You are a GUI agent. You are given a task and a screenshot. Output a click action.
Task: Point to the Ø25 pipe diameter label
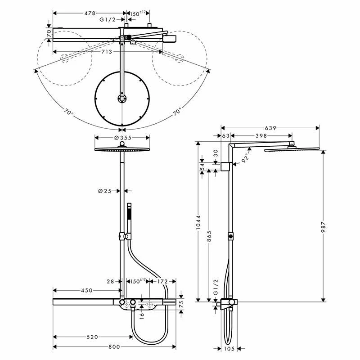coord(104,191)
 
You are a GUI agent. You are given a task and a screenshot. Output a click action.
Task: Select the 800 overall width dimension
coord(114,346)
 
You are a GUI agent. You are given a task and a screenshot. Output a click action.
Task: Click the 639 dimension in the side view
coord(270,128)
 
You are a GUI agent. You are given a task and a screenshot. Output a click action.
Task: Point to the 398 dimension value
coord(261,135)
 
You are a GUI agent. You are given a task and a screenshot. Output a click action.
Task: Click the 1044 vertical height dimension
coord(198,222)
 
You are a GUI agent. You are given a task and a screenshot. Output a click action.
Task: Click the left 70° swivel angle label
coord(68,113)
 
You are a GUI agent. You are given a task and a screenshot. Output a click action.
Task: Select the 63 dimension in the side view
coord(225,135)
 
